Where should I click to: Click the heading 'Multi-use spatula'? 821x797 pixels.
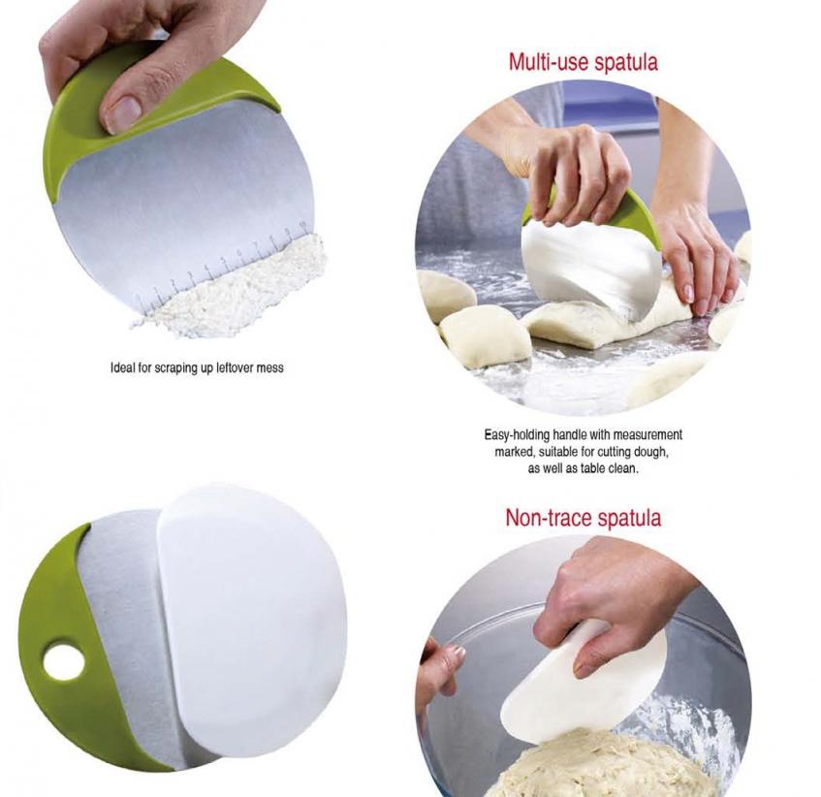click(x=583, y=62)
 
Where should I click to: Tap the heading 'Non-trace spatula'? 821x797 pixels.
click(x=584, y=518)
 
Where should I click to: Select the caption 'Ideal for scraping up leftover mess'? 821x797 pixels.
click(x=197, y=368)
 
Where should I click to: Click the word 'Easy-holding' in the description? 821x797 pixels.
click(x=518, y=435)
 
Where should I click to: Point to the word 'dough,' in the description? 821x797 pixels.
click(x=650, y=452)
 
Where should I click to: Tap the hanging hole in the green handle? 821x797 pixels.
click(x=63, y=662)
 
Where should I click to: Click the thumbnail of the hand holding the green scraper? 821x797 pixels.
click(x=178, y=173)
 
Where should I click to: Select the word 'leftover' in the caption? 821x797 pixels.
click(x=235, y=367)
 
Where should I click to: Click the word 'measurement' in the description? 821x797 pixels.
click(x=647, y=435)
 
